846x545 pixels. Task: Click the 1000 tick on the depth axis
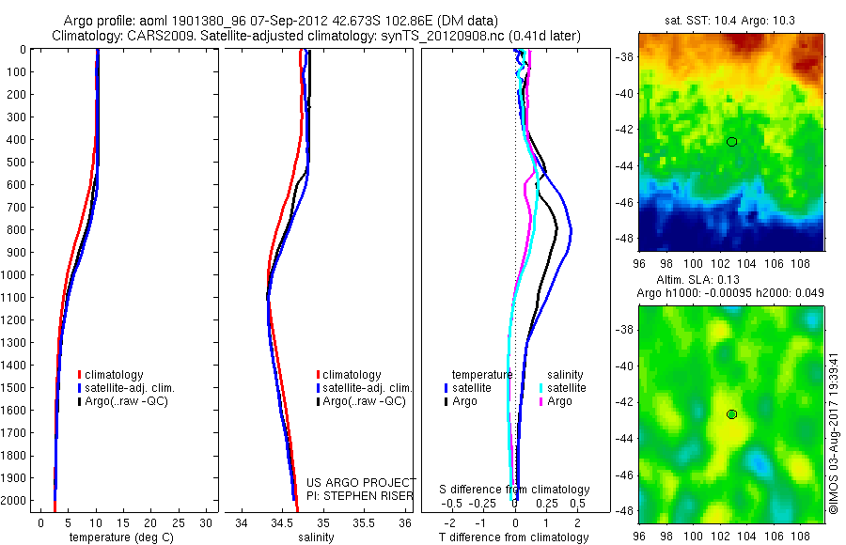pos(14,275)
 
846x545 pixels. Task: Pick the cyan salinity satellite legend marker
pos(541,388)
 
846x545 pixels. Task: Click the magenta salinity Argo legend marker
pos(541,401)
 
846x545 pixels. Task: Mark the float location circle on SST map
pos(732,141)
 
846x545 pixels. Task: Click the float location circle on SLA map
pos(732,414)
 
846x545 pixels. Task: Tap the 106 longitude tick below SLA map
pos(787,532)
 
